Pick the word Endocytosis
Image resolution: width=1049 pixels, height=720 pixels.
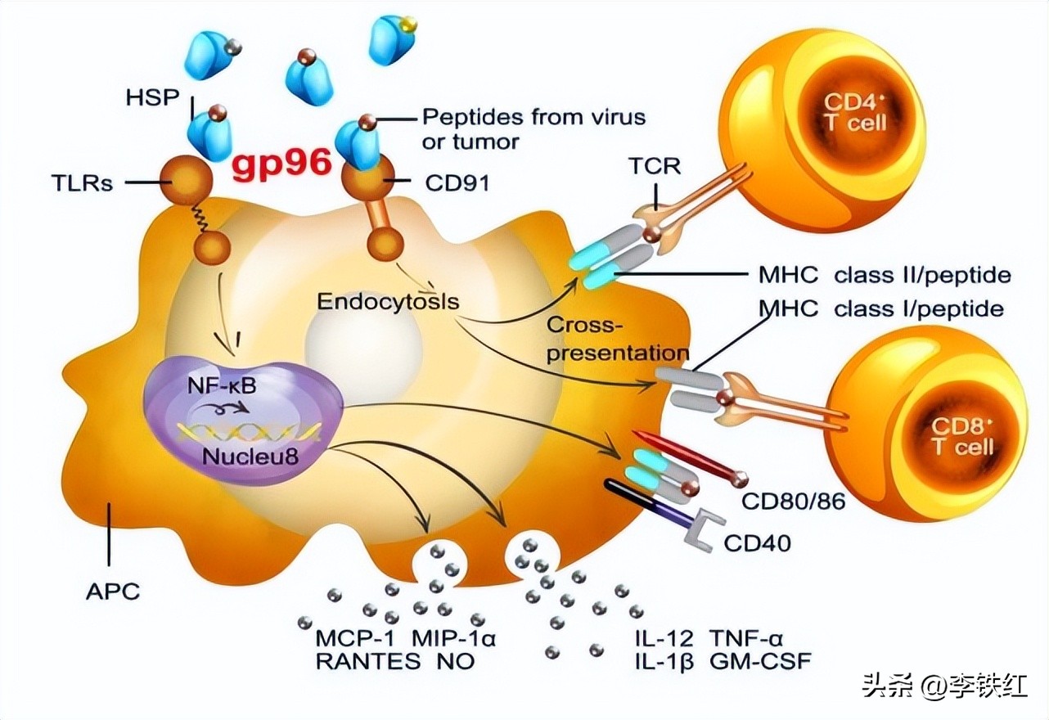(x=388, y=301)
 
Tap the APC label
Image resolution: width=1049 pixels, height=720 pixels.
(x=112, y=590)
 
